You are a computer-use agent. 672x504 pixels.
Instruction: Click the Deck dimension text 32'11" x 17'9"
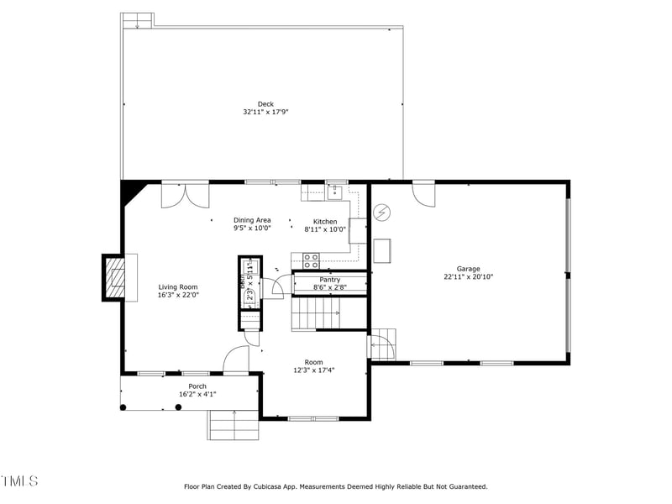[265, 112]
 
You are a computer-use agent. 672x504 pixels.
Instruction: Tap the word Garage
[468, 269]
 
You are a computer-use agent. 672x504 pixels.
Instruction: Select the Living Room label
[178, 286]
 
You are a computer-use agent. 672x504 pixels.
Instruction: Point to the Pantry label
[329, 280]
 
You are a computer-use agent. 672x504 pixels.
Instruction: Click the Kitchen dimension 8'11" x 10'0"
[324, 228]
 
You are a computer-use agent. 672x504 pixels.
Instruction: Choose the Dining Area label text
[252, 220]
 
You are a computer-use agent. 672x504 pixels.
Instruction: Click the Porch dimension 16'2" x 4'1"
[197, 394]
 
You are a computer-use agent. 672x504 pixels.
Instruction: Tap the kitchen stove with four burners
[311, 260]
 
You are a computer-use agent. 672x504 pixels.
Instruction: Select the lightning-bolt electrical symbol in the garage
[381, 213]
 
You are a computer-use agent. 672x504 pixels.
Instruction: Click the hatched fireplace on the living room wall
[113, 277]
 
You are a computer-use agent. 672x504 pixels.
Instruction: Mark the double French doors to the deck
[186, 195]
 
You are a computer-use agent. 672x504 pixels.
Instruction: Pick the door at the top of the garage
[424, 192]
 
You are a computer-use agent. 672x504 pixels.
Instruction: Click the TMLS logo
[19, 481]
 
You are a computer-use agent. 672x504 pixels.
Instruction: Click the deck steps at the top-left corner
[136, 20]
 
